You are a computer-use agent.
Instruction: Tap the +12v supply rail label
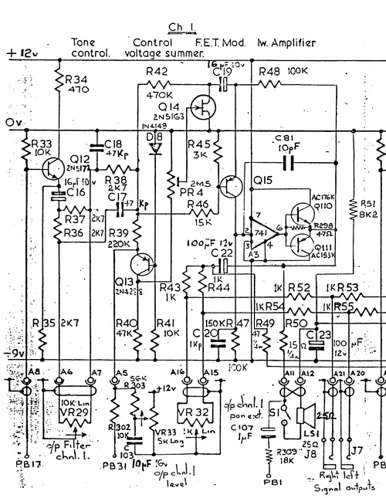21,53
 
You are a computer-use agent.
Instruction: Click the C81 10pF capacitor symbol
289,162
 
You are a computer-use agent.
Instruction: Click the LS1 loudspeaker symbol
306,415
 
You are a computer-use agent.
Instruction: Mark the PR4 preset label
185,191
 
